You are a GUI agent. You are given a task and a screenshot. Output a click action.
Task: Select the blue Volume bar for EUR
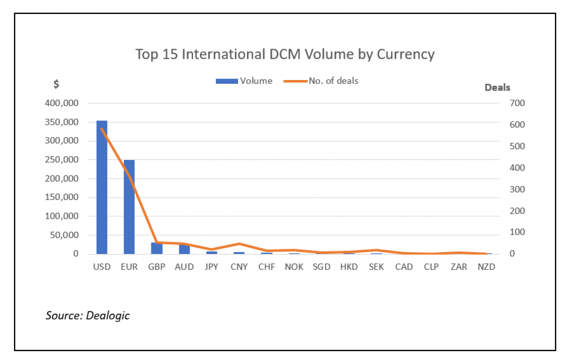pos(129,207)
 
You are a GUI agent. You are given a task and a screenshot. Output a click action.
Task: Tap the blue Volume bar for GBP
pos(157,248)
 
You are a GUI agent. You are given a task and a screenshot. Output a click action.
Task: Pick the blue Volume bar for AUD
pos(184,249)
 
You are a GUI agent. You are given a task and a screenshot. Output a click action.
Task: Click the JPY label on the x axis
pos(212,267)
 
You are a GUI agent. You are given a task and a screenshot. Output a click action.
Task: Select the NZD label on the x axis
pos(486,267)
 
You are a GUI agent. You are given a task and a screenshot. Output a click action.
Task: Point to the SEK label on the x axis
pos(376,267)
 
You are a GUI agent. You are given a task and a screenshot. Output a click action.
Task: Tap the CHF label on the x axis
pos(267,267)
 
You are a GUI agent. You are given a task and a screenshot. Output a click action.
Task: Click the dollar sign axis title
pos(56,84)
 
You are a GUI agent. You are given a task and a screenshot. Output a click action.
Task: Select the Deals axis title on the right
pos(497,87)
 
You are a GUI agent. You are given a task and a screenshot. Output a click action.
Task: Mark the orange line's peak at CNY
pos(239,244)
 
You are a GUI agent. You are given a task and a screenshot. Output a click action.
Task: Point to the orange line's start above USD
pos(102,129)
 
